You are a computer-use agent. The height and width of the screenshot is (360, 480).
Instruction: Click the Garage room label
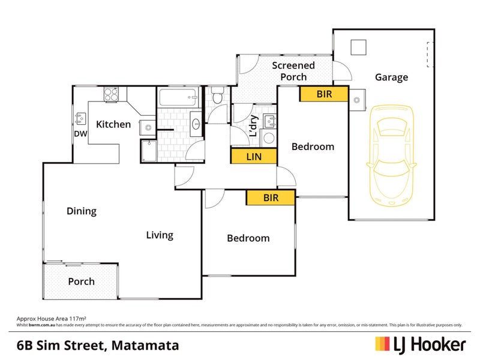tap(391, 77)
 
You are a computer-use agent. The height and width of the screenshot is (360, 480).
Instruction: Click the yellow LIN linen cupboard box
tap(253, 157)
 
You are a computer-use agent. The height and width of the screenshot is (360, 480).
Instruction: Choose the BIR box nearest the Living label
tap(271, 197)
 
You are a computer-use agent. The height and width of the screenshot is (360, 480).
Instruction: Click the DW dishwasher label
tap(81, 134)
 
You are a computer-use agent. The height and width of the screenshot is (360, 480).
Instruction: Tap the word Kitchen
tap(113, 124)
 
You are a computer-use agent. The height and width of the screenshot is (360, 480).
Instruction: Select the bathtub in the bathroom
tap(178, 97)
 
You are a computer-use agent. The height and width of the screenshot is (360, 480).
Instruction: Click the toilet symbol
tap(218, 96)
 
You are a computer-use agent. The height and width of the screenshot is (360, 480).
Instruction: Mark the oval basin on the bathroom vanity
tap(196, 124)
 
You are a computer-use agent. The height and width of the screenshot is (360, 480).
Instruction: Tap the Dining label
tap(82, 211)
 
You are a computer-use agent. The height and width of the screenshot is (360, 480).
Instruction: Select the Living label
tap(160, 235)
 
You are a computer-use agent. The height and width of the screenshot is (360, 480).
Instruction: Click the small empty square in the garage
tap(359, 47)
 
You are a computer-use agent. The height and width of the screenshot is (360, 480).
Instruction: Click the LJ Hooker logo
tap(420, 344)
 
